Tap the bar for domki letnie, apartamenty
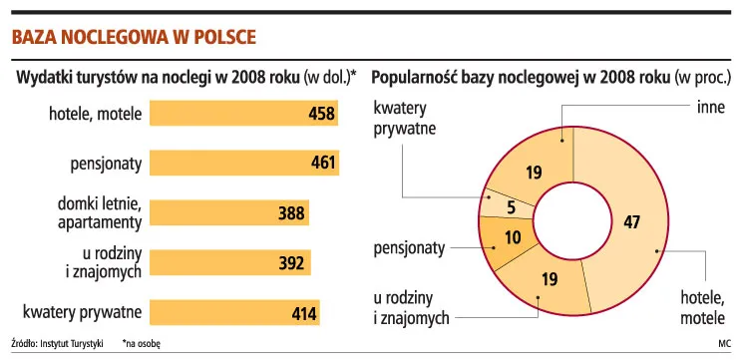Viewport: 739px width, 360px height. tap(229, 211)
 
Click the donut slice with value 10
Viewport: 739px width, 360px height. tap(512, 239)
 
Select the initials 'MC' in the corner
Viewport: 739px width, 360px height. tap(724, 343)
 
